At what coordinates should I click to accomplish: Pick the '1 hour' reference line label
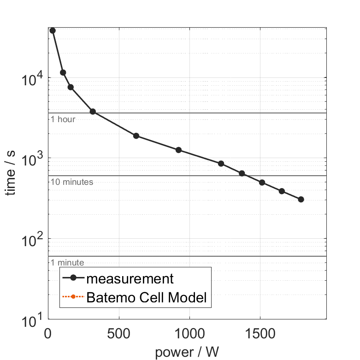click(63, 119)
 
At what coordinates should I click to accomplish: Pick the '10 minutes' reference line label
click(71, 182)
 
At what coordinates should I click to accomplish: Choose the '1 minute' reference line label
click(67, 263)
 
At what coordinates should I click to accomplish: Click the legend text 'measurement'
click(130, 279)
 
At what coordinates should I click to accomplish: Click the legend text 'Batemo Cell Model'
click(147, 298)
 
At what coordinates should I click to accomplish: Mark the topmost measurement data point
click(53, 30)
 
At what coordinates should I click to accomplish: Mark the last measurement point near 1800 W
click(301, 199)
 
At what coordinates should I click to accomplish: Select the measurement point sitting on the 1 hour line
click(93, 112)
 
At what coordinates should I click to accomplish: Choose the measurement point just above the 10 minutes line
click(242, 173)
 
